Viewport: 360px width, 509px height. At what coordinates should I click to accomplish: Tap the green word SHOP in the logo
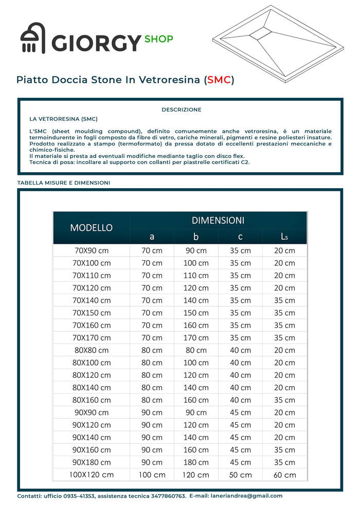159,39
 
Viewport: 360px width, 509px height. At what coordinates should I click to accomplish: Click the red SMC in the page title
219,80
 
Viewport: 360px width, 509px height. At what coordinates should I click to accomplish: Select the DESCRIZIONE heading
181,110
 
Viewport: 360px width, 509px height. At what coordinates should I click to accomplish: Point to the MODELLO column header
92,228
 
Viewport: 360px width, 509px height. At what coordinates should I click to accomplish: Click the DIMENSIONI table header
218,220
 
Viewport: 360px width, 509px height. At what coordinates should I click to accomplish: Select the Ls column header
284,237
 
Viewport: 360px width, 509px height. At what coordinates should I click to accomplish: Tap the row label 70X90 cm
92,250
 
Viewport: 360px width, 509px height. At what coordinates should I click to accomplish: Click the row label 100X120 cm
92,475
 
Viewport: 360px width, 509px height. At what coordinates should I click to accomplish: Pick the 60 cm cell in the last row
284,475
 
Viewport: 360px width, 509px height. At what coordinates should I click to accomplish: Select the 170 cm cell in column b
196,338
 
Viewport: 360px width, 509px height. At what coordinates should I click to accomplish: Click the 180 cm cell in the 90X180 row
196,462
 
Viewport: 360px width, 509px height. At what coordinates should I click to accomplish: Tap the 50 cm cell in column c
240,475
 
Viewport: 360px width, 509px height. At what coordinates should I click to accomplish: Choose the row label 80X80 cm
92,350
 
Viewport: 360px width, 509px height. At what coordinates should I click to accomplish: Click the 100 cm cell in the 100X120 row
152,475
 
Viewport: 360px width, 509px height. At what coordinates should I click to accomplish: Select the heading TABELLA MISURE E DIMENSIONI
64,183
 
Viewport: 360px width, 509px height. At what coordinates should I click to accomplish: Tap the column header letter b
196,237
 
